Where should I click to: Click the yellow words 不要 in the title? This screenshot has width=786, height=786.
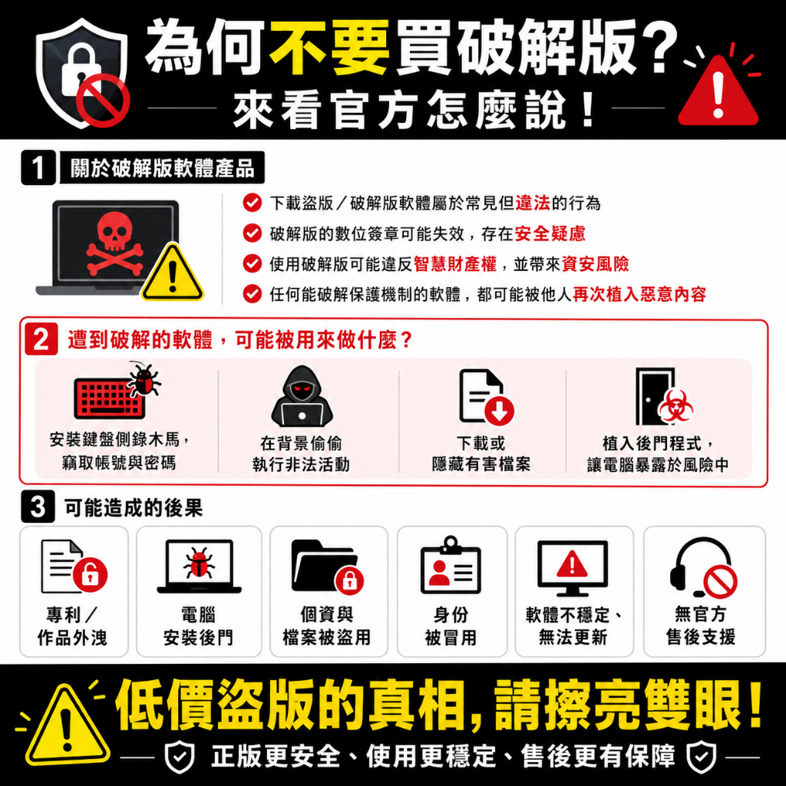pyautogui.click(x=329, y=46)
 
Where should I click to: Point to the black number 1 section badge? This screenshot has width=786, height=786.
pyautogui.click(x=38, y=168)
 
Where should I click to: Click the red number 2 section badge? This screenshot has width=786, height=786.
pyautogui.click(x=41, y=339)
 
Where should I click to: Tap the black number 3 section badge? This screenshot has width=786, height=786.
pyautogui.click(x=38, y=507)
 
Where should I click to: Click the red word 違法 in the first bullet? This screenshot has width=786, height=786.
pyautogui.click(x=533, y=203)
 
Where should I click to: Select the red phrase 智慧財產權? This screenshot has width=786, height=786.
pyautogui.click(x=455, y=264)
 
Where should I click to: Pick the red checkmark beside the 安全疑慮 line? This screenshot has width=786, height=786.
pyautogui.click(x=252, y=233)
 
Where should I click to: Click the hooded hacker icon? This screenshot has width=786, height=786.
pyautogui.click(x=302, y=397)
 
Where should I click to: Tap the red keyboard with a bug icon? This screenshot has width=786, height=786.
pyautogui.click(x=117, y=392)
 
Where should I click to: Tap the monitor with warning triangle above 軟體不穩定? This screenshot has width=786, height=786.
pyautogui.click(x=573, y=568)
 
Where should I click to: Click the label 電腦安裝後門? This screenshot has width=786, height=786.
pyautogui.click(x=198, y=626)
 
